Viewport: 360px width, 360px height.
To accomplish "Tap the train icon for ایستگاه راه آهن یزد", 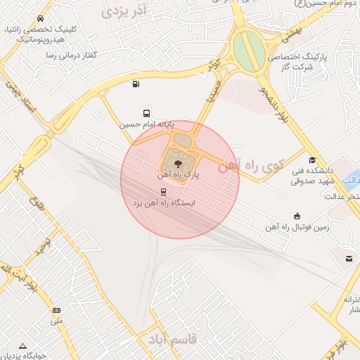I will [164, 191].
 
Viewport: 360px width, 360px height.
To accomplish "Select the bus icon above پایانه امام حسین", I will [146, 112].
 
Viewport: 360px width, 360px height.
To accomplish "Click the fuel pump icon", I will [135, 85].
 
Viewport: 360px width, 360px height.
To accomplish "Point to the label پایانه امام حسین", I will [146, 124].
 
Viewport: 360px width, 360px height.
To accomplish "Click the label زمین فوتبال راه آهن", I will [298, 227].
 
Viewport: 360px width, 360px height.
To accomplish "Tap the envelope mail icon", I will [349, 259].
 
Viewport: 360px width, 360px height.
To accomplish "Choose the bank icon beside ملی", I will [56, 310].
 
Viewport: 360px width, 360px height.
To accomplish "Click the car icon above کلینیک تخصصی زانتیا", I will [44, 18].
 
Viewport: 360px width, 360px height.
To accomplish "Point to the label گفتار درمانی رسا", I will [70, 55].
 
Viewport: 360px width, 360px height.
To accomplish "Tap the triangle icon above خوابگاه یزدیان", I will [23, 346].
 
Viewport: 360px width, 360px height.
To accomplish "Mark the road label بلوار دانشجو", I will [271, 103].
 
